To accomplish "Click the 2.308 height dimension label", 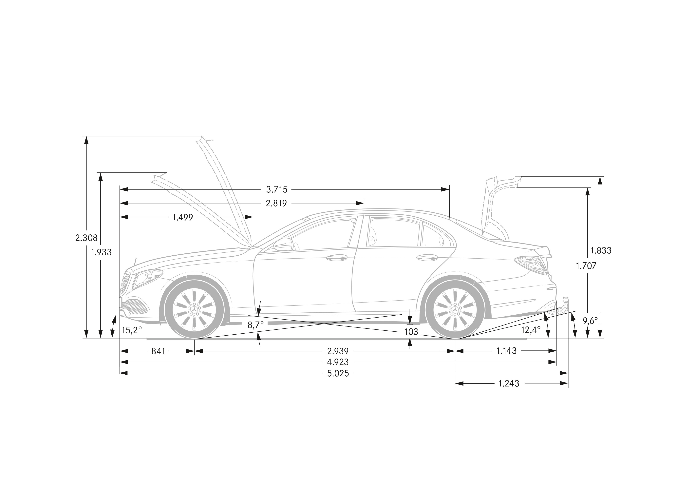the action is click(86, 238).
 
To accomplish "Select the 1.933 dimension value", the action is click(101, 252).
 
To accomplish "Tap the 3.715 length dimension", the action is click(277, 189).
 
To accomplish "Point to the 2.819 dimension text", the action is click(276, 203).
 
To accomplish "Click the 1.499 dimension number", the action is click(183, 217).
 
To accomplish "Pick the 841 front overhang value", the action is click(158, 351).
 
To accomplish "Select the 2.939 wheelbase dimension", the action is click(338, 351).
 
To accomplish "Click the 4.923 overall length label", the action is click(338, 362).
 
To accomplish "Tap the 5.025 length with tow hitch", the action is click(338, 373).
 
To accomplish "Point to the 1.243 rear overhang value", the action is click(509, 384).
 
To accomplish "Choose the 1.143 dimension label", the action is click(507, 351).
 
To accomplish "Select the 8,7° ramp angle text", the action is click(256, 325).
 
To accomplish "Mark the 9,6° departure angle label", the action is click(590, 321).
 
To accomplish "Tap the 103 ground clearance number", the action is click(411, 332).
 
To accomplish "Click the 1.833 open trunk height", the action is click(601, 250).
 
